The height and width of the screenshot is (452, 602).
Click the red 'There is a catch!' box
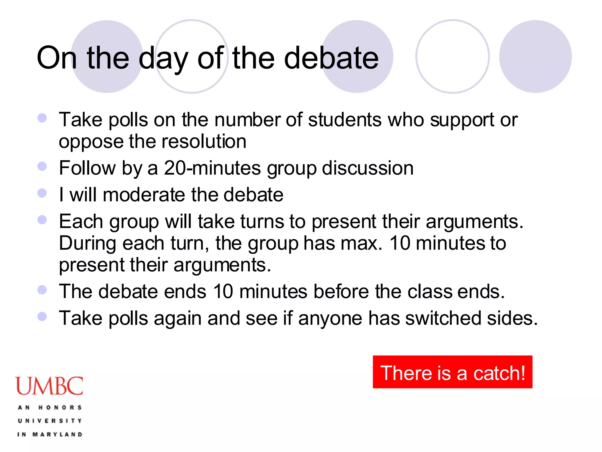coord(452,372)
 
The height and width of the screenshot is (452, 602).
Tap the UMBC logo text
coord(49,386)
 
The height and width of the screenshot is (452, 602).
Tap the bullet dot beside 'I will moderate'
coord(42,193)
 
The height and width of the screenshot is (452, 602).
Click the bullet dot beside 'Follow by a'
coord(42,166)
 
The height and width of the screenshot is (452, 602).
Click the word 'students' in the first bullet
coord(345,120)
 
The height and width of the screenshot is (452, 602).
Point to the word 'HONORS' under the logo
coord(60,408)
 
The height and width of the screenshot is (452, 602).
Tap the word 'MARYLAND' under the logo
coord(57,434)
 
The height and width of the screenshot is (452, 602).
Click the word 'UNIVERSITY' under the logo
coord(50,421)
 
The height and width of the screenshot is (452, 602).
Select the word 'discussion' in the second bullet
coord(368,168)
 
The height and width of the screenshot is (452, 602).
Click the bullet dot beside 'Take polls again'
coord(42,316)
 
